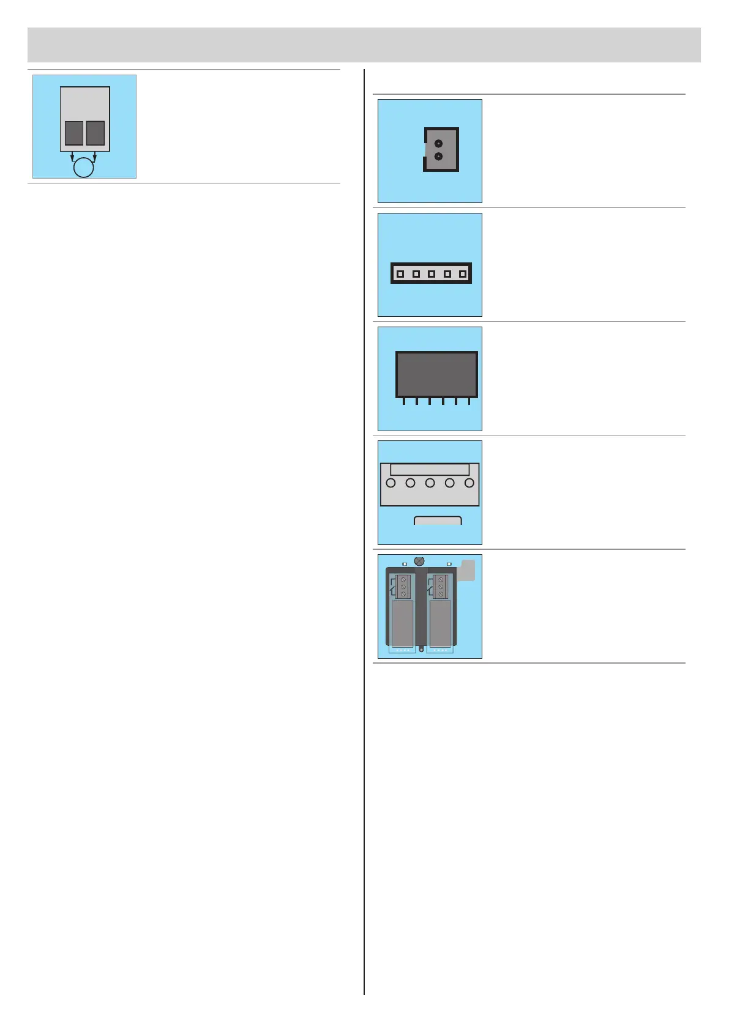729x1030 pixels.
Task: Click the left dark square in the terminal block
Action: (x=74, y=133)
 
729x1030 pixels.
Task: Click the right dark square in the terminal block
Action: (x=95, y=133)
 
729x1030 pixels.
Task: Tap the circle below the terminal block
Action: (x=84, y=167)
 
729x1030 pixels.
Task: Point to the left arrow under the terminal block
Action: (x=72, y=157)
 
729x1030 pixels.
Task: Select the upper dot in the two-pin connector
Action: (x=438, y=144)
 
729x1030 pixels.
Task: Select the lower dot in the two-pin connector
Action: (x=438, y=157)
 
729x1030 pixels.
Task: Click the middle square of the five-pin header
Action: (x=432, y=274)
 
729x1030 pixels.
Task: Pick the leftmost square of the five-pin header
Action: (x=400, y=274)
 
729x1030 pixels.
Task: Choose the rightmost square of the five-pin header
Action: (x=463, y=274)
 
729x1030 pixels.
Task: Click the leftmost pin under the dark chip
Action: (x=404, y=401)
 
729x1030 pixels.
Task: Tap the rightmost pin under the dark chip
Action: (x=469, y=401)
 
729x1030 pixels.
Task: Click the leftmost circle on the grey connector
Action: (x=391, y=483)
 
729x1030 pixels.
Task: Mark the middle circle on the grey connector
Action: (x=430, y=483)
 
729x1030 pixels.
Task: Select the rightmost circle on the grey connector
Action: (x=469, y=483)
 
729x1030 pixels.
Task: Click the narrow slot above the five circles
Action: (x=430, y=470)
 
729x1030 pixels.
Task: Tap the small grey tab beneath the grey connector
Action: (x=438, y=521)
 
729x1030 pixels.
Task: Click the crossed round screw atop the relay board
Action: (x=419, y=561)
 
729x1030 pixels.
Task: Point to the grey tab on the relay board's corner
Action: (x=467, y=570)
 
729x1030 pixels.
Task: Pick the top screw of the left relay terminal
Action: (x=403, y=579)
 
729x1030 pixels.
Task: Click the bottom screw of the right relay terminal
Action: (x=441, y=594)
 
